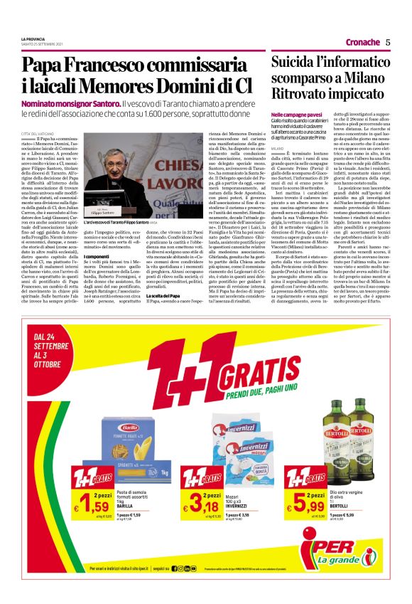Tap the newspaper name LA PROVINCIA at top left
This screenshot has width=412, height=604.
pyautogui.click(x=34, y=39)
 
